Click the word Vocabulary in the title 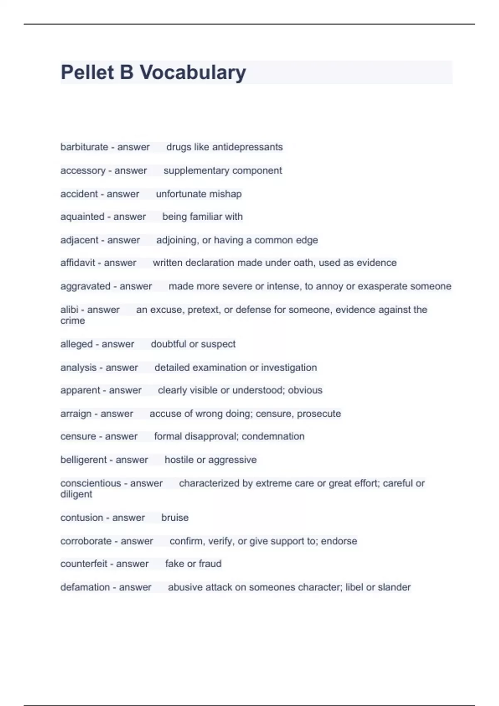(193, 73)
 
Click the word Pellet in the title (86, 73)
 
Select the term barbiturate (84, 147)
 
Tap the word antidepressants (247, 147)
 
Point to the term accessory (83, 171)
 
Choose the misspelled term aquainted (82, 217)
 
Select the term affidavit (78, 263)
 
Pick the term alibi (69, 310)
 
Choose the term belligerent (84, 460)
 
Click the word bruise (175, 518)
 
